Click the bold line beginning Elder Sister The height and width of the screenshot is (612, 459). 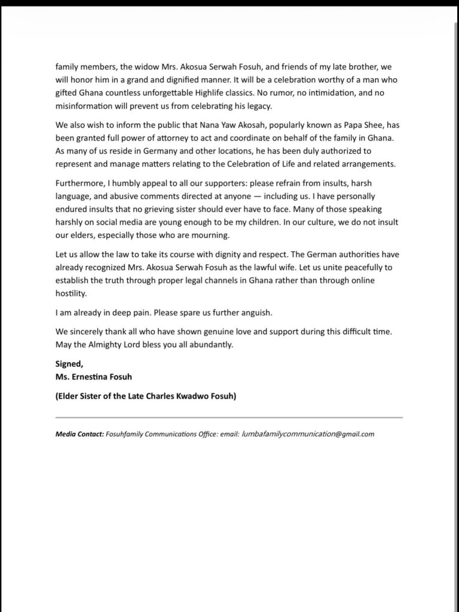click(x=145, y=396)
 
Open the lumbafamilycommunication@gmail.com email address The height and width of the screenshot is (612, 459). click(x=308, y=434)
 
